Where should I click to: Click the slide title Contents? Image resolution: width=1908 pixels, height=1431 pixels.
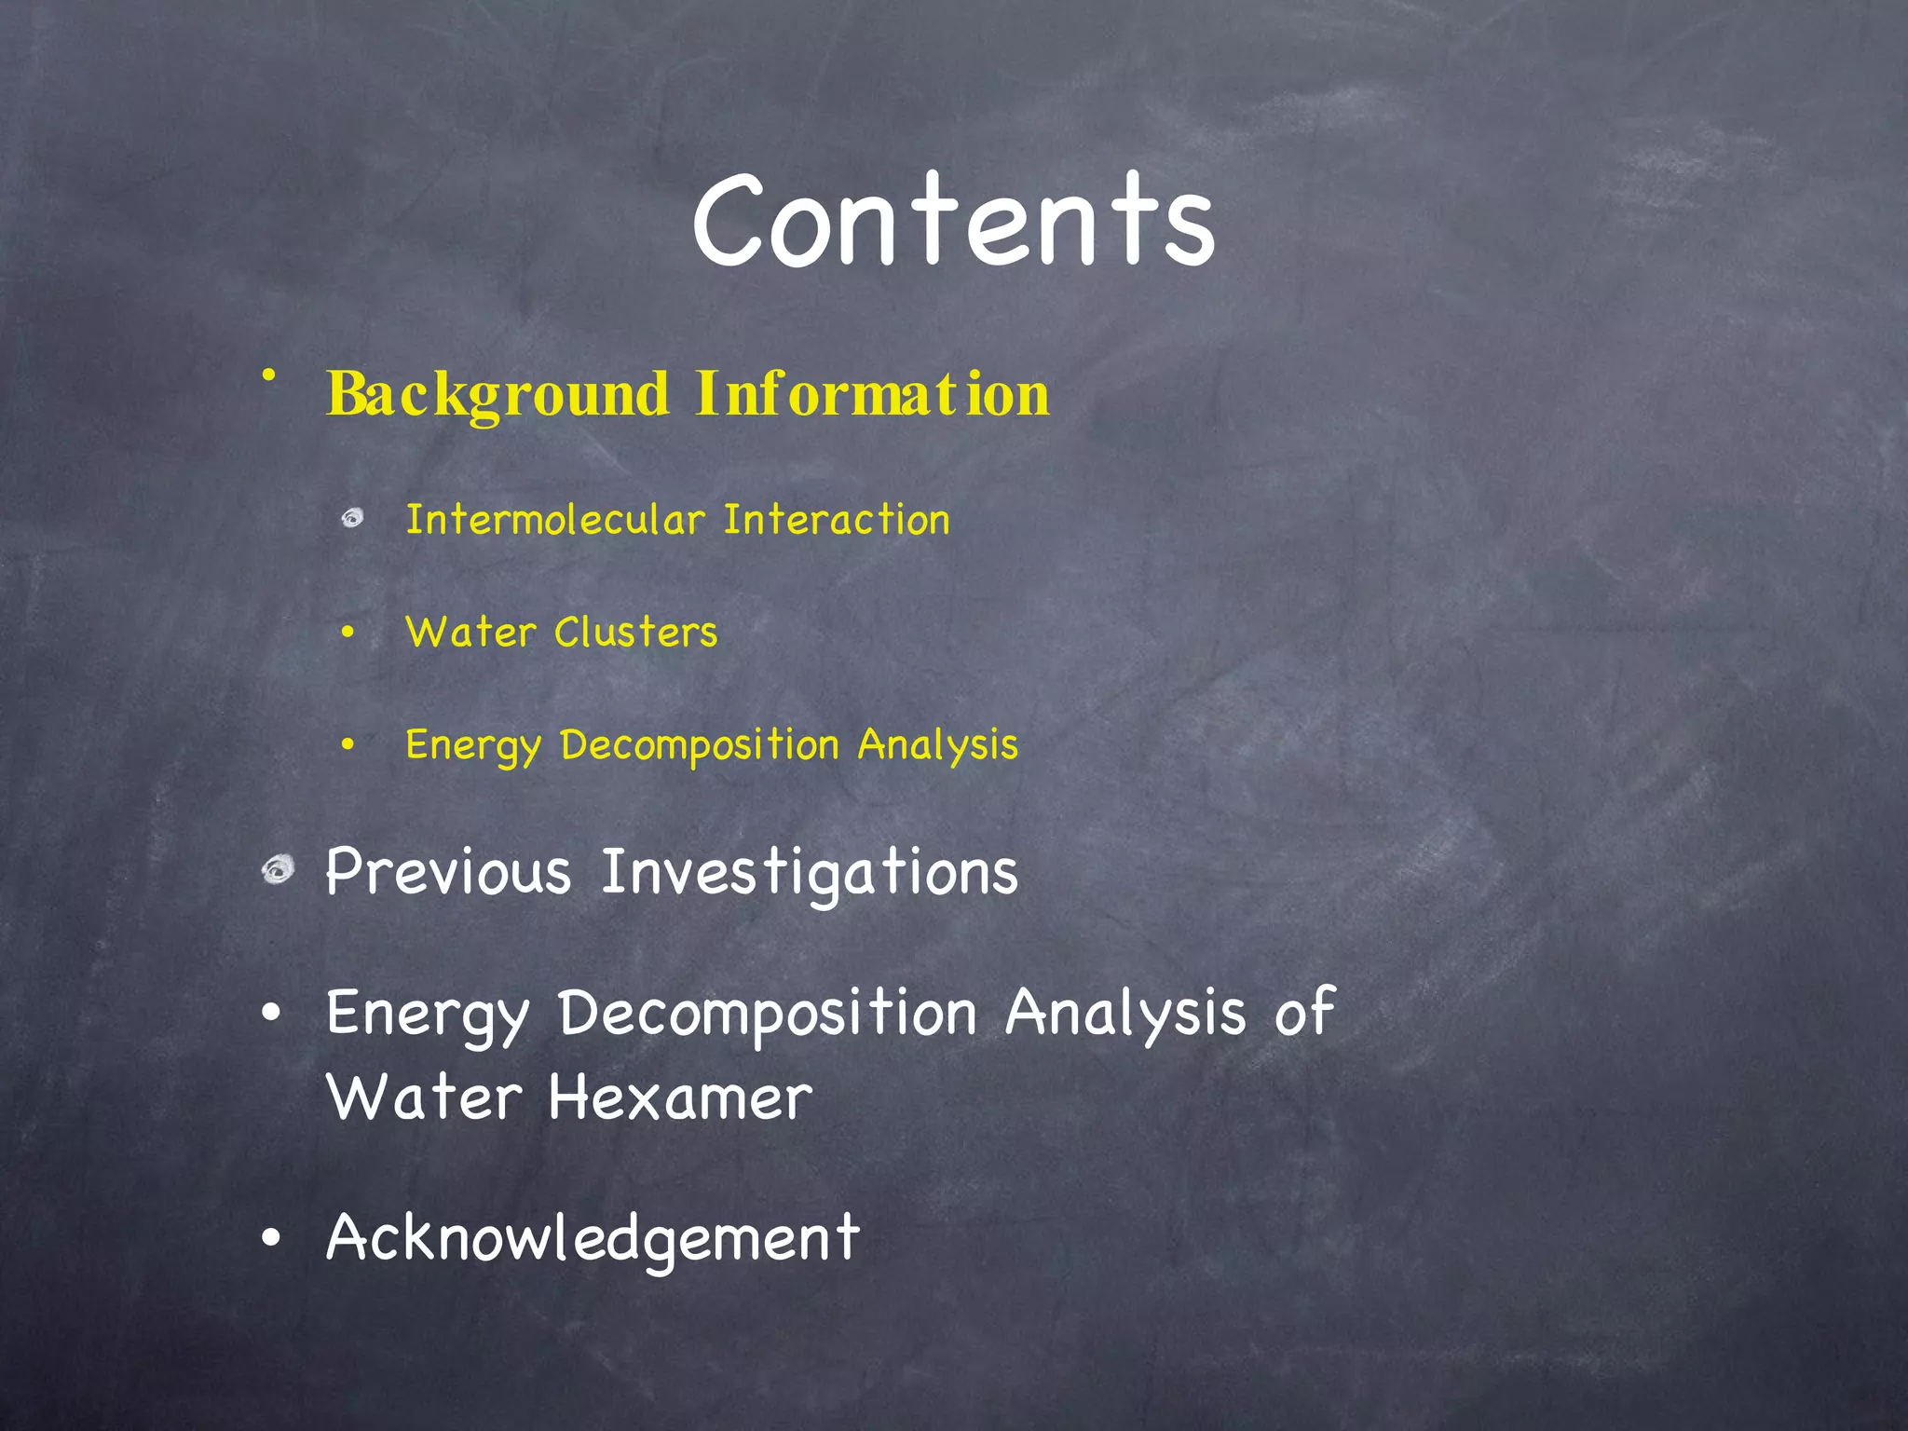pyautogui.click(x=953, y=221)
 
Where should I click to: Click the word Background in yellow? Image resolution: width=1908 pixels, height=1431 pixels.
pyautogui.click(x=497, y=394)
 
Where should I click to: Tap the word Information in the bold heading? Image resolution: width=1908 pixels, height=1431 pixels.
pyautogui.click(x=872, y=394)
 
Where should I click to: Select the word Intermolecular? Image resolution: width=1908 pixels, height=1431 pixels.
pyautogui.click(x=555, y=520)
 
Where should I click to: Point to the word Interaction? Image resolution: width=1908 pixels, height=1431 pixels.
pyautogui.click(x=837, y=520)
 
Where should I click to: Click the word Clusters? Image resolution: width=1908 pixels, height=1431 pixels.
pyautogui.click(x=636, y=633)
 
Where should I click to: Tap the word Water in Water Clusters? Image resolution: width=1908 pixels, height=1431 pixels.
pyautogui.click(x=470, y=633)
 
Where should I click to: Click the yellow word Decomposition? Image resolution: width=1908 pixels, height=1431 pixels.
pyautogui.click(x=700, y=745)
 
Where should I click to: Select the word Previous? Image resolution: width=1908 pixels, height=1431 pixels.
pyautogui.click(x=448, y=873)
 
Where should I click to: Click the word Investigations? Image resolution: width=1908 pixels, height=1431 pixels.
pyautogui.click(x=810, y=873)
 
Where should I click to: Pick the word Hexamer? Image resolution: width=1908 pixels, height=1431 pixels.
pyautogui.click(x=680, y=1097)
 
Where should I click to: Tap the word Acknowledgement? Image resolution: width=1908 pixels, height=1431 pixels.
pyautogui.click(x=593, y=1239)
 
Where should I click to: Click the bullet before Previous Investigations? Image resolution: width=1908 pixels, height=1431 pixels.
pyautogui.click(x=278, y=871)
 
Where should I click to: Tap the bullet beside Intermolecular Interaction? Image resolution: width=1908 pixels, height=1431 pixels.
pyautogui.click(x=352, y=518)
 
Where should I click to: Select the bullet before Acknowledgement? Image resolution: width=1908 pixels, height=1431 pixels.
pyautogui.click(x=271, y=1239)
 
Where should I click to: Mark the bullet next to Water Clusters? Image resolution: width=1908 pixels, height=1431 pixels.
pyautogui.click(x=348, y=634)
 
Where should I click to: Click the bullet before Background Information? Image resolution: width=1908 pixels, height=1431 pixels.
pyautogui.click(x=269, y=375)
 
